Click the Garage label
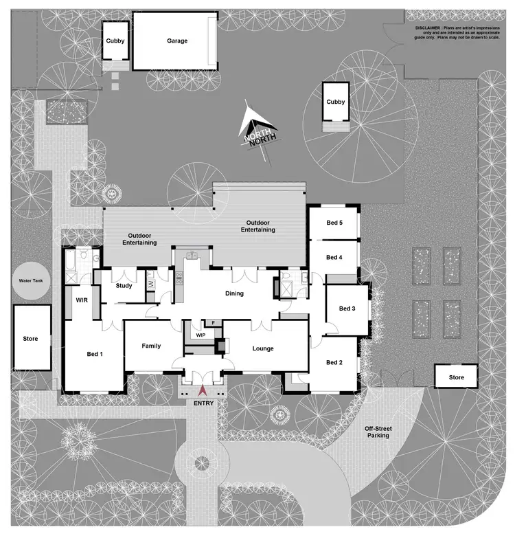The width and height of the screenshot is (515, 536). click(x=177, y=41)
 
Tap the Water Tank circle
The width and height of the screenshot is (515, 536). click(x=33, y=282)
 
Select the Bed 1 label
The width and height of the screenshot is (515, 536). click(x=95, y=355)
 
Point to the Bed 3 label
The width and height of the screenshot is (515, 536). click(x=348, y=309)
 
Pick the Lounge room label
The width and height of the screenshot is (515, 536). click(x=262, y=348)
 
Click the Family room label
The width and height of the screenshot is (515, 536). click(x=151, y=346)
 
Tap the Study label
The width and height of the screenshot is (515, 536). click(x=124, y=286)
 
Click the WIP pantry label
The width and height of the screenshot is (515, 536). click(x=201, y=335)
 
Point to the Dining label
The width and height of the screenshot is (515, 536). click(x=235, y=294)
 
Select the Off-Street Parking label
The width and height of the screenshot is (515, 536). click(x=378, y=432)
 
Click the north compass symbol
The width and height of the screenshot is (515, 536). click(x=257, y=131)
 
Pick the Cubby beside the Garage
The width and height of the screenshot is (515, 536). click(x=115, y=41)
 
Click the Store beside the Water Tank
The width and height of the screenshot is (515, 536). click(x=30, y=339)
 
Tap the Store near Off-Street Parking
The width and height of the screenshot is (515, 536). click(x=457, y=377)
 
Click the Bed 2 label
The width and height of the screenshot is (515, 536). click(x=334, y=363)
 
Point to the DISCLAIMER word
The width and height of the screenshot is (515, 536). click(x=430, y=27)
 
